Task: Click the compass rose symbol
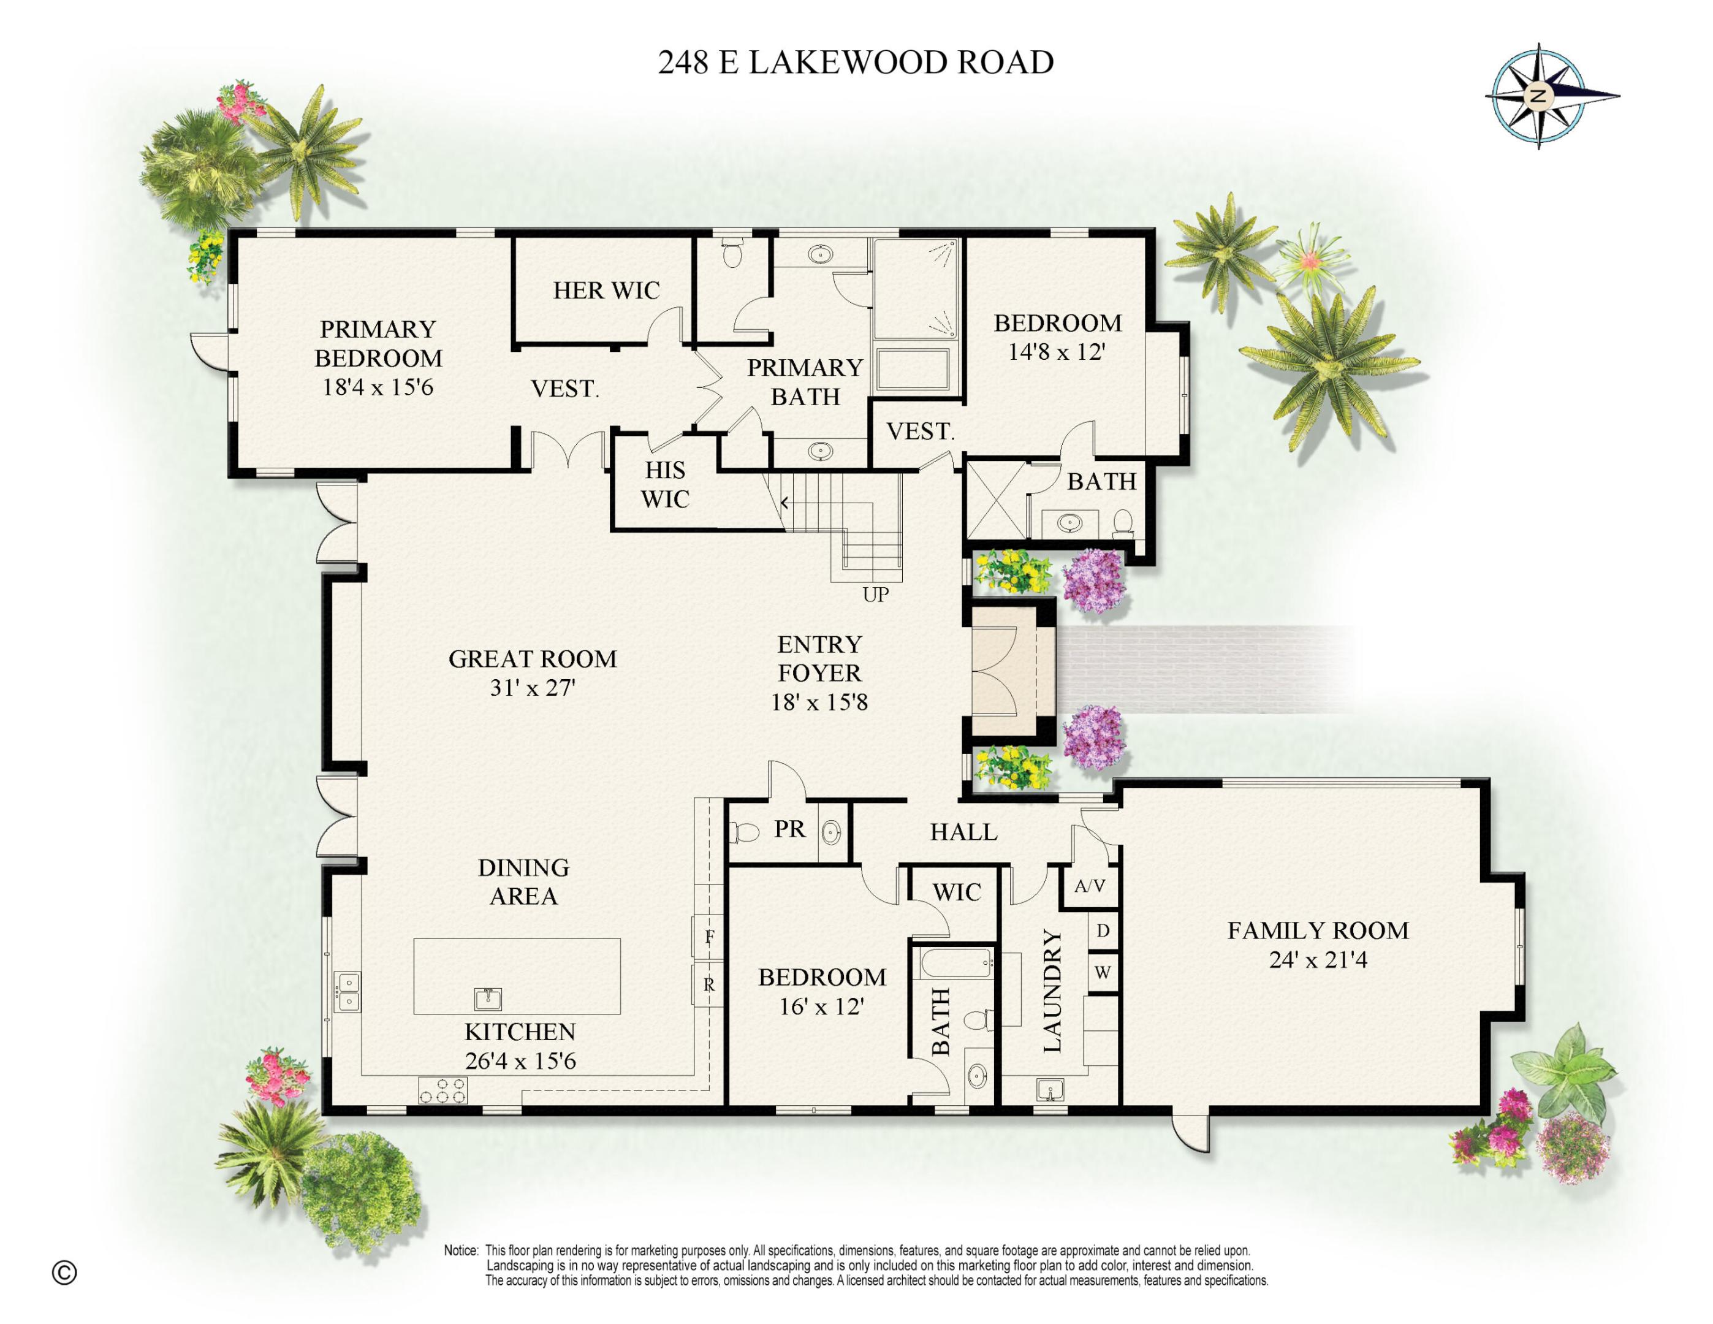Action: pos(1538,96)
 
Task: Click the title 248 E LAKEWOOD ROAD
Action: pos(855,63)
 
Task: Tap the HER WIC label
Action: pos(606,290)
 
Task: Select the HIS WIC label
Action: pos(664,484)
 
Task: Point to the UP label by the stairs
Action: pos(875,595)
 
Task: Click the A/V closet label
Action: pos(1090,886)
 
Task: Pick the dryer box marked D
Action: pos(1103,931)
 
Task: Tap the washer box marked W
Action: pos(1103,973)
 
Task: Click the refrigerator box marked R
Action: pos(708,985)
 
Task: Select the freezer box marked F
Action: pos(708,937)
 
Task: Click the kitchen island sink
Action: pos(488,999)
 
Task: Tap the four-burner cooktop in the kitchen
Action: pos(444,1090)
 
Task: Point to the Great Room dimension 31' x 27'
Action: pos(533,688)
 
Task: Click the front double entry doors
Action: pos(996,673)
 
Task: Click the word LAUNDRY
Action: pos(1052,991)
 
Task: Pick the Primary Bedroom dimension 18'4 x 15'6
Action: pos(378,387)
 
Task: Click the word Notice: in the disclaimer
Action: pos(460,1250)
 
